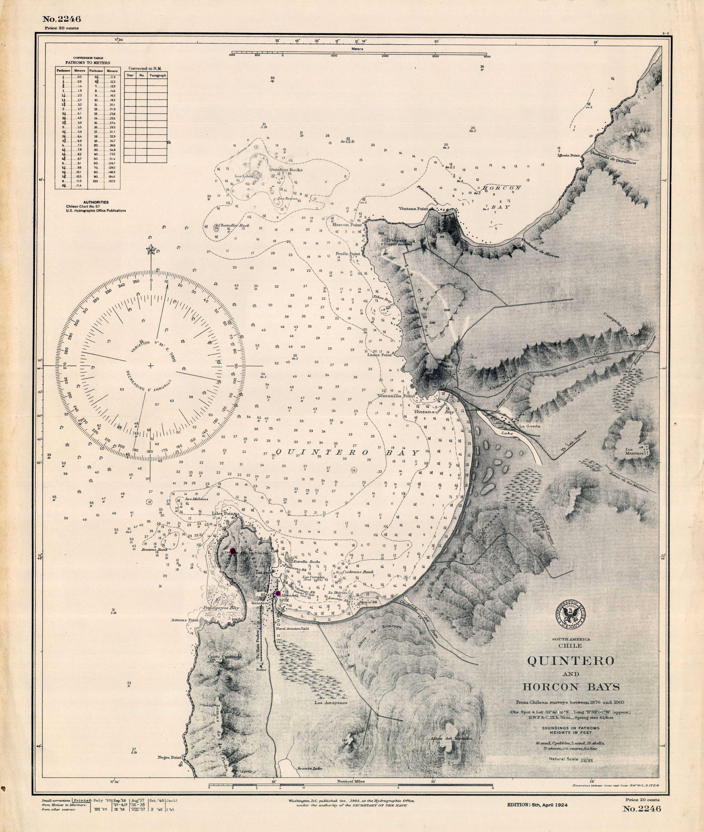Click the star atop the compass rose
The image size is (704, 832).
coord(151,250)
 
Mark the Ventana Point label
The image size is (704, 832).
coord(414,209)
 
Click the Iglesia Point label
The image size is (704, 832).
coord(569,155)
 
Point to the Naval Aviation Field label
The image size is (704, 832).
coord(293,628)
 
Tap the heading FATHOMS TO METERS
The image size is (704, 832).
coord(88,63)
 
